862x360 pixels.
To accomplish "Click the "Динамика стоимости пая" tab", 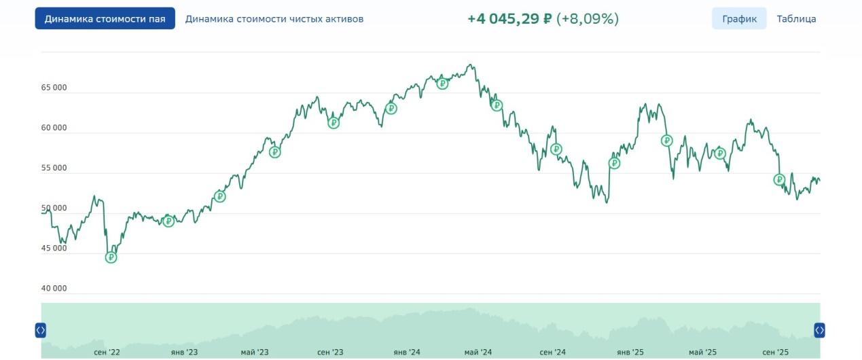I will point(105,19).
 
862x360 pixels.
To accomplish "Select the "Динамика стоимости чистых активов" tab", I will point(274,19).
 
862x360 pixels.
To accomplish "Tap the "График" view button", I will point(739,19).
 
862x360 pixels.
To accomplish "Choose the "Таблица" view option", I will point(796,19).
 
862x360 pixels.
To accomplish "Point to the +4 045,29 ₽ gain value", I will point(509,19).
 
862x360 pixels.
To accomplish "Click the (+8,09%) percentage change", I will point(588,19).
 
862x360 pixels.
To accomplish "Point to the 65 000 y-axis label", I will point(54,88).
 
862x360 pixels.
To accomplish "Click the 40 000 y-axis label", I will point(54,288).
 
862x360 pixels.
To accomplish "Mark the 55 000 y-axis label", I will point(54,168).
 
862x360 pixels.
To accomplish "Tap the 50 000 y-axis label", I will point(54,208).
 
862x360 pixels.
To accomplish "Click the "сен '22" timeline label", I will point(107,352).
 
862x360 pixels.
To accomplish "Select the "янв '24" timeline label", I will point(406,352).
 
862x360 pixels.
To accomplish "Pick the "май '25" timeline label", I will point(702,352).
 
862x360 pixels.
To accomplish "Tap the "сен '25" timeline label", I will point(776,352).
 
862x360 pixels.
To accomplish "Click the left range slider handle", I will point(40,330).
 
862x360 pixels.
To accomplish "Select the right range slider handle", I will point(819,330).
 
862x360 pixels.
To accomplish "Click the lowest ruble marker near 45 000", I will point(111,257).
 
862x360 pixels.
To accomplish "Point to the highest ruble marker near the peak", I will point(442,84).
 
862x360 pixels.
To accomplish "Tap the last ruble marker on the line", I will point(779,180).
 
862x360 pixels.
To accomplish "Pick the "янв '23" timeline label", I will point(184,352).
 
